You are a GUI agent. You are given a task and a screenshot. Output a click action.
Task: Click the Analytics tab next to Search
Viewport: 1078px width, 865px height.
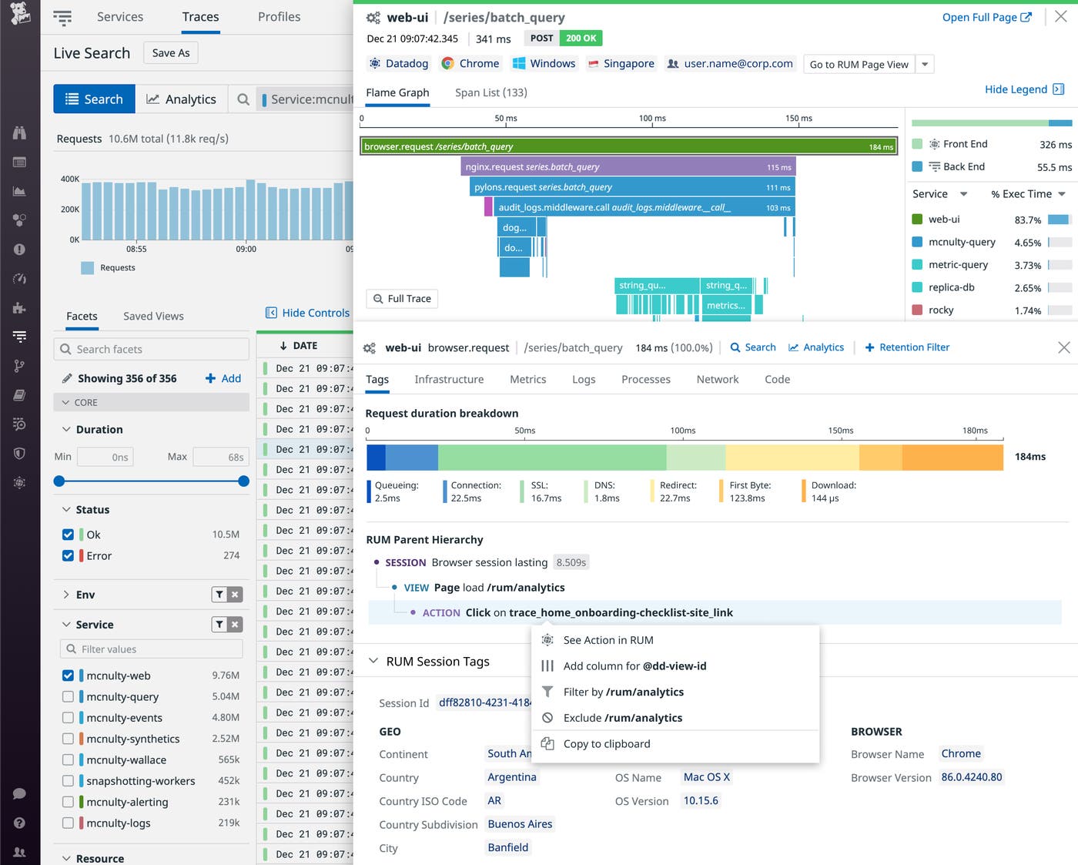[x=181, y=99]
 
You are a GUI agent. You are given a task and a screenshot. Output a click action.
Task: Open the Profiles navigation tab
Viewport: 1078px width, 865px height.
[x=279, y=17]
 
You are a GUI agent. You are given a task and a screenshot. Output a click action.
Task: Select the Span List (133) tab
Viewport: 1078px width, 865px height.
[x=490, y=92]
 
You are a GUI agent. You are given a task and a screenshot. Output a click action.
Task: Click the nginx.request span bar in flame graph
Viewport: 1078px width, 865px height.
[x=628, y=167]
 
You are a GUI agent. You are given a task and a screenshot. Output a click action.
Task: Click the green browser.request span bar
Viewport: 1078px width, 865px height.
[x=628, y=146]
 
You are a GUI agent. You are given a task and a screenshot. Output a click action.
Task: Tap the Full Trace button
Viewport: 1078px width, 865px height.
[x=401, y=299]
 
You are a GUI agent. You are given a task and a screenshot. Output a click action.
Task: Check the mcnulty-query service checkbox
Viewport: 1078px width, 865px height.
[x=68, y=696]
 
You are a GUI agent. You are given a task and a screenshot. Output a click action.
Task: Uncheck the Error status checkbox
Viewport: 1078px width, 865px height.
[x=68, y=555]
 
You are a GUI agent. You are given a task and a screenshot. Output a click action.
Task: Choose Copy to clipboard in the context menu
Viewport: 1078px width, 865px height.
[x=606, y=744]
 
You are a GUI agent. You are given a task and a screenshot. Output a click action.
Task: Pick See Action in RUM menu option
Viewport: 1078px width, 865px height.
[x=608, y=640]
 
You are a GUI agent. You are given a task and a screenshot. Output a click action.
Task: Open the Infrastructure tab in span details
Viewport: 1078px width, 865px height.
[x=449, y=380]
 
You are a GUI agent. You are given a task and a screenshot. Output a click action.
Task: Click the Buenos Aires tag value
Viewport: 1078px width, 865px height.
[x=520, y=824]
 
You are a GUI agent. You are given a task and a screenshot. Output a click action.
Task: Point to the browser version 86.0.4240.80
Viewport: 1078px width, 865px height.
[x=971, y=777]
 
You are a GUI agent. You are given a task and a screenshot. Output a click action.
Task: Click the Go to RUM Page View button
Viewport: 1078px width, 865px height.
[x=859, y=65]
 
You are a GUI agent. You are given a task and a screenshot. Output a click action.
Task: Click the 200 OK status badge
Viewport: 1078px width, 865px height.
[x=581, y=39]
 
